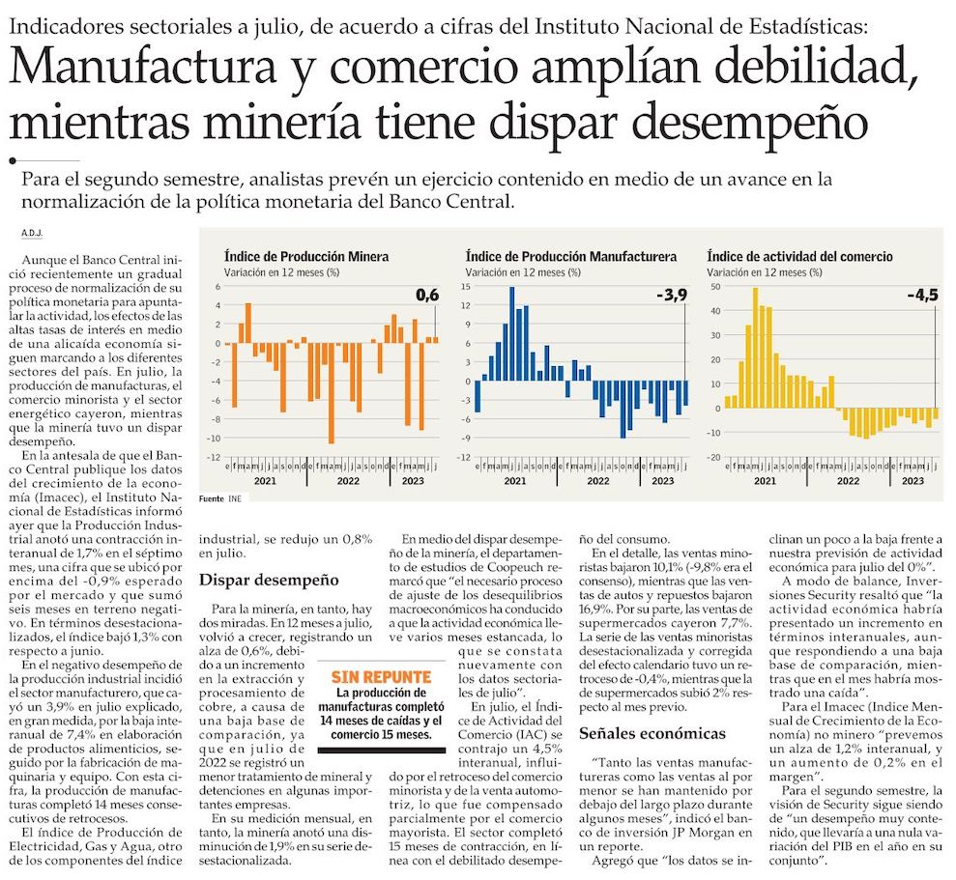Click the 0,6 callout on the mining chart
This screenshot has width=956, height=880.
click(x=427, y=296)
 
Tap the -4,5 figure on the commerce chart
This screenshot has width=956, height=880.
click(x=922, y=296)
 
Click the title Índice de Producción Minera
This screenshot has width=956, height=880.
click(x=306, y=257)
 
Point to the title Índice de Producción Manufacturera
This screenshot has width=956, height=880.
click(x=570, y=257)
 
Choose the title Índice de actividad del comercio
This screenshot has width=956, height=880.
click(x=799, y=257)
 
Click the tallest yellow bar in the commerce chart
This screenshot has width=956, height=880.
click(x=755, y=348)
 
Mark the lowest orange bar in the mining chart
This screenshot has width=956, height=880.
click(x=331, y=391)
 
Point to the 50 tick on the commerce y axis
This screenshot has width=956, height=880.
click(x=714, y=287)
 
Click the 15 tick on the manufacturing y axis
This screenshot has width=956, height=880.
click(x=465, y=287)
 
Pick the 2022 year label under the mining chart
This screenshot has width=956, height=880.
click(x=348, y=481)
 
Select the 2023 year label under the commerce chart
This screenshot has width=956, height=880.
click(x=912, y=481)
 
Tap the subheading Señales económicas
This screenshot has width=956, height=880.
click(x=652, y=733)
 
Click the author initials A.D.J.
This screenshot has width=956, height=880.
click(x=32, y=234)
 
